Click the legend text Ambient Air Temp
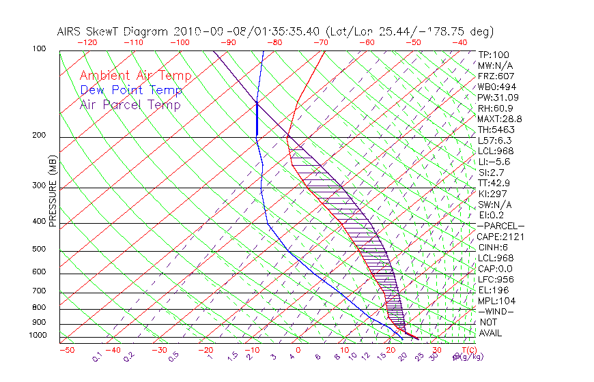(136, 76)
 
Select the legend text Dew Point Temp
(131, 91)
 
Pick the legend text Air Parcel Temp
(130, 105)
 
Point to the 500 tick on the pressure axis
(40, 250)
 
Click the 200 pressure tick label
(40, 136)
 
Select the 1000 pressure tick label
(38, 336)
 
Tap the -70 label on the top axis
(320, 42)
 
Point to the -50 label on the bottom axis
(67, 350)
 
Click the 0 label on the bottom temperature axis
(299, 350)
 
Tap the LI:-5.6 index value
(494, 162)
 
